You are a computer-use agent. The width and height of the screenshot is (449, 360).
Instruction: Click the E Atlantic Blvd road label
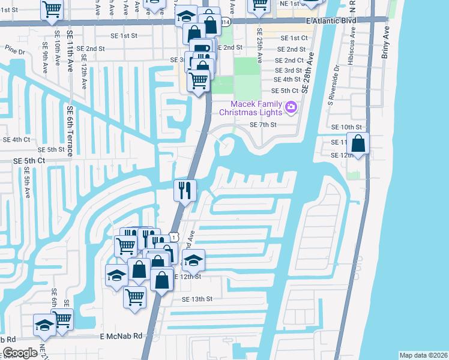(x=330, y=20)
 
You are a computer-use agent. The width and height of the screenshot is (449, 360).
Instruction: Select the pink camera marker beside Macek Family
(x=291, y=107)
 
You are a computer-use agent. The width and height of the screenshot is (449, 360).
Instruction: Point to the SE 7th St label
(x=262, y=125)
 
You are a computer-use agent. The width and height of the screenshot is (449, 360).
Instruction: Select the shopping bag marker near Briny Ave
(x=358, y=145)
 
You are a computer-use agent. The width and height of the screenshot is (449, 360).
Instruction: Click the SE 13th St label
(x=197, y=299)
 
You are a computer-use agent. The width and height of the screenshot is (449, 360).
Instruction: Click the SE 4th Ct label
(x=17, y=140)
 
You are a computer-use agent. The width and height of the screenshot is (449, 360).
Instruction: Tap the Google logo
(x=20, y=353)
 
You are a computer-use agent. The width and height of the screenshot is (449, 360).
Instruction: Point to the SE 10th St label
(x=351, y=127)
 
